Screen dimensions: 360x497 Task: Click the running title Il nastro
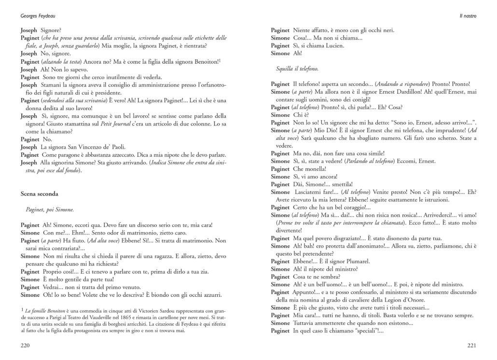click(x=468, y=16)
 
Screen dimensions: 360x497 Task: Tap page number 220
click(x=25, y=345)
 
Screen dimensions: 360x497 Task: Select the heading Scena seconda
click(x=40, y=194)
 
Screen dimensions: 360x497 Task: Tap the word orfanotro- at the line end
click(x=210, y=85)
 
